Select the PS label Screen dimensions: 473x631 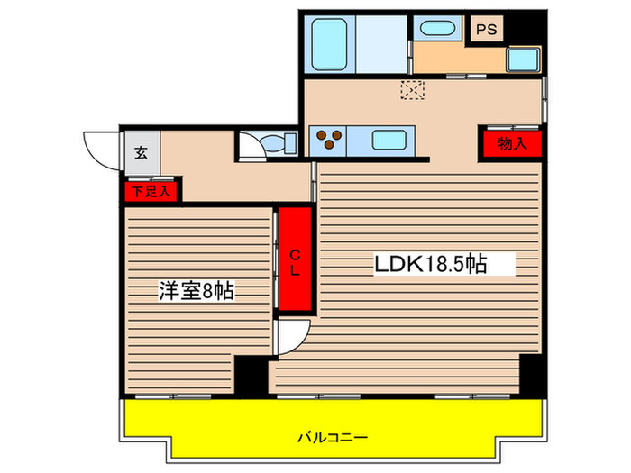coord(486,29)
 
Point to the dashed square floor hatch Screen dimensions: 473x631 coord(414,90)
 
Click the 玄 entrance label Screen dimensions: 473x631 coord(142,151)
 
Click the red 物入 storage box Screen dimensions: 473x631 coord(510,144)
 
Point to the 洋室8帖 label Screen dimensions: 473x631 coord(197,290)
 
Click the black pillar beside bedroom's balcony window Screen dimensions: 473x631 coord(251,374)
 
